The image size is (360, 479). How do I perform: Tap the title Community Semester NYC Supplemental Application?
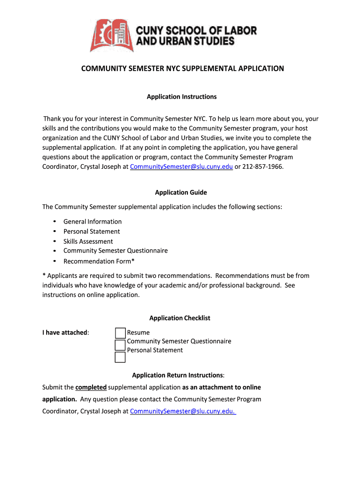tap(182, 69)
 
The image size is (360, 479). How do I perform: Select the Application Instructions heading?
tap(181, 97)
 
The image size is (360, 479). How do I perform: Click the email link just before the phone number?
tap(181, 167)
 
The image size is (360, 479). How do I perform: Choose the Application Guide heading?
tap(181, 192)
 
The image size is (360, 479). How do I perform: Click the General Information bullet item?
tap(93, 222)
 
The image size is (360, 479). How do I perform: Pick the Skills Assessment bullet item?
tap(88, 241)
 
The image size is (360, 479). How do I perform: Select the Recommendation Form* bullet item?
tap(99, 261)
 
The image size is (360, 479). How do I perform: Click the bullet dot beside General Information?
tap(55, 221)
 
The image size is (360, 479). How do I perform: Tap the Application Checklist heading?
tap(180, 318)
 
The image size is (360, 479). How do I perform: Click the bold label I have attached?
tap(65, 333)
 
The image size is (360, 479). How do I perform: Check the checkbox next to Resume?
tap(120, 333)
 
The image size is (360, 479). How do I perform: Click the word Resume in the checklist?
tap(138, 333)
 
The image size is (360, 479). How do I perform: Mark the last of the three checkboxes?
tap(120, 357)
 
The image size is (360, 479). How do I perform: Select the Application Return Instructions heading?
tap(178, 375)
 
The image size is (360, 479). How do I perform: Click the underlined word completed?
tap(91, 387)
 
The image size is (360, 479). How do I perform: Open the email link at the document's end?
tap(183, 411)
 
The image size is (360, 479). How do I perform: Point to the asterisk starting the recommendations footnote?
tap(44, 276)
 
